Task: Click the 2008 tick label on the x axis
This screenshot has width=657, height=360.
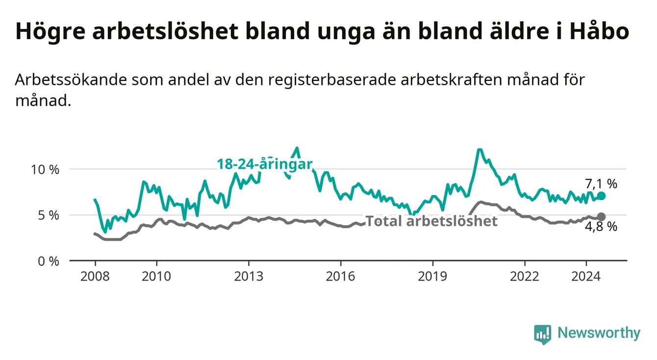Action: [95, 277]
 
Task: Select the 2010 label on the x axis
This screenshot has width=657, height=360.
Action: [156, 277]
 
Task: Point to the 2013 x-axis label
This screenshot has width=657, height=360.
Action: [249, 277]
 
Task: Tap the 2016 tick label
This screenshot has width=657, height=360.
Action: [341, 277]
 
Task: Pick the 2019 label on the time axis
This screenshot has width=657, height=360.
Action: [432, 277]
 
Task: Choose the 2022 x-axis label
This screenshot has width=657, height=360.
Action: [525, 277]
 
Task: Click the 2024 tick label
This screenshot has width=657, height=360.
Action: [586, 277]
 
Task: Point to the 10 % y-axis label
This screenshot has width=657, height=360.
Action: [45, 170]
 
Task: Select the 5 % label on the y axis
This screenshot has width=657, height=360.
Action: [49, 215]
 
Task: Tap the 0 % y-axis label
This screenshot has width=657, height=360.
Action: [49, 261]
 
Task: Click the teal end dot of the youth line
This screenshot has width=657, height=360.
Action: [601, 196]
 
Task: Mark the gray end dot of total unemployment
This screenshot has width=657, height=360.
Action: [601, 217]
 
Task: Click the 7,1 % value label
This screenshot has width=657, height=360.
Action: [601, 184]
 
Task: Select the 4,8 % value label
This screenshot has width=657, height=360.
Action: [601, 227]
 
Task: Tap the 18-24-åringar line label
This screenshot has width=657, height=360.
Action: [265, 164]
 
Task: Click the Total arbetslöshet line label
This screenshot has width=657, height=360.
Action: [431, 221]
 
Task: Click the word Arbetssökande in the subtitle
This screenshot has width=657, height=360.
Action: [71, 80]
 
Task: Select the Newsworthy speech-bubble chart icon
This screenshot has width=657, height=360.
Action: [543, 334]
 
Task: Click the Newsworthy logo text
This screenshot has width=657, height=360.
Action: [599, 333]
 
